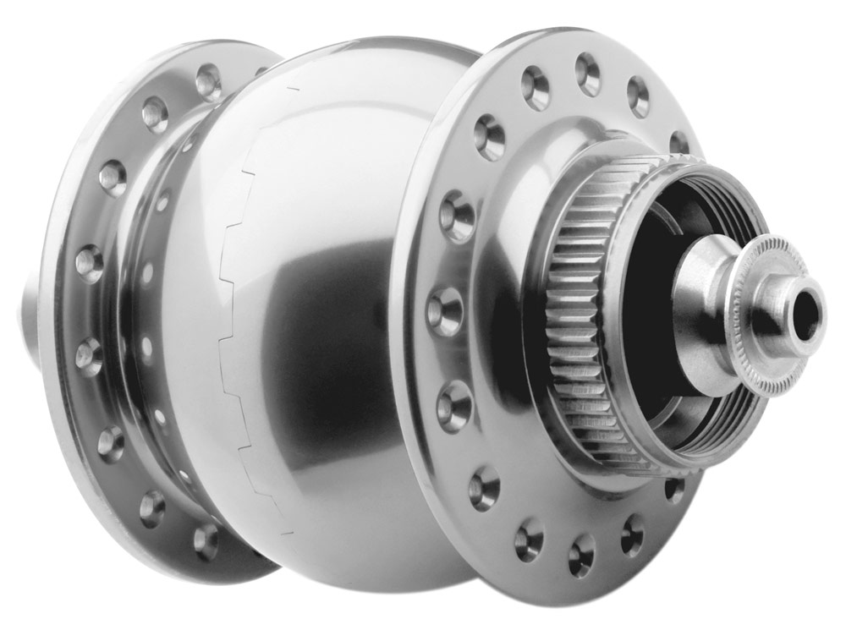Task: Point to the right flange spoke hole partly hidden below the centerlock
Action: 673,489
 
